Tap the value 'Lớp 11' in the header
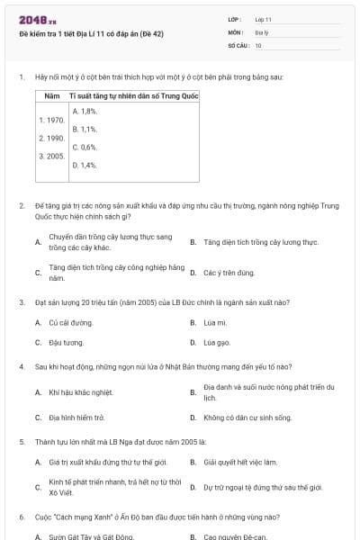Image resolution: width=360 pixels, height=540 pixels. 264,19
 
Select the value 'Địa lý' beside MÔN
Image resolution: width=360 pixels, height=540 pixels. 261,31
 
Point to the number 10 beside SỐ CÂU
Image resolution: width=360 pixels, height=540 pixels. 258,44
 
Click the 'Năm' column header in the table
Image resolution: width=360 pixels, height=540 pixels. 52,94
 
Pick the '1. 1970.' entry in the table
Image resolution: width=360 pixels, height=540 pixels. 51,119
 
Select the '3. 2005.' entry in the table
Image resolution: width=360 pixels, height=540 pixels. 51,156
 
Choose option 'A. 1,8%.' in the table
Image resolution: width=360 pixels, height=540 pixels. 85,111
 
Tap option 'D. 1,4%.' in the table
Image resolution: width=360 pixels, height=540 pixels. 85,165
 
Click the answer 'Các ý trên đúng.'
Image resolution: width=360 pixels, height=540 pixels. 229,272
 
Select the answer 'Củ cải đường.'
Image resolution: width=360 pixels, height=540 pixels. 70,321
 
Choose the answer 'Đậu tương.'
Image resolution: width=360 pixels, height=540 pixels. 66,342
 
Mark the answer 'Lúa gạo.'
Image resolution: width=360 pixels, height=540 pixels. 217,342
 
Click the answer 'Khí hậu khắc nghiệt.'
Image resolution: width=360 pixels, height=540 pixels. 80,392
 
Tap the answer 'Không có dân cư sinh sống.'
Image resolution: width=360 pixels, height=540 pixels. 247,418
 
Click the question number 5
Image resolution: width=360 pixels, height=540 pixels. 21,442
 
